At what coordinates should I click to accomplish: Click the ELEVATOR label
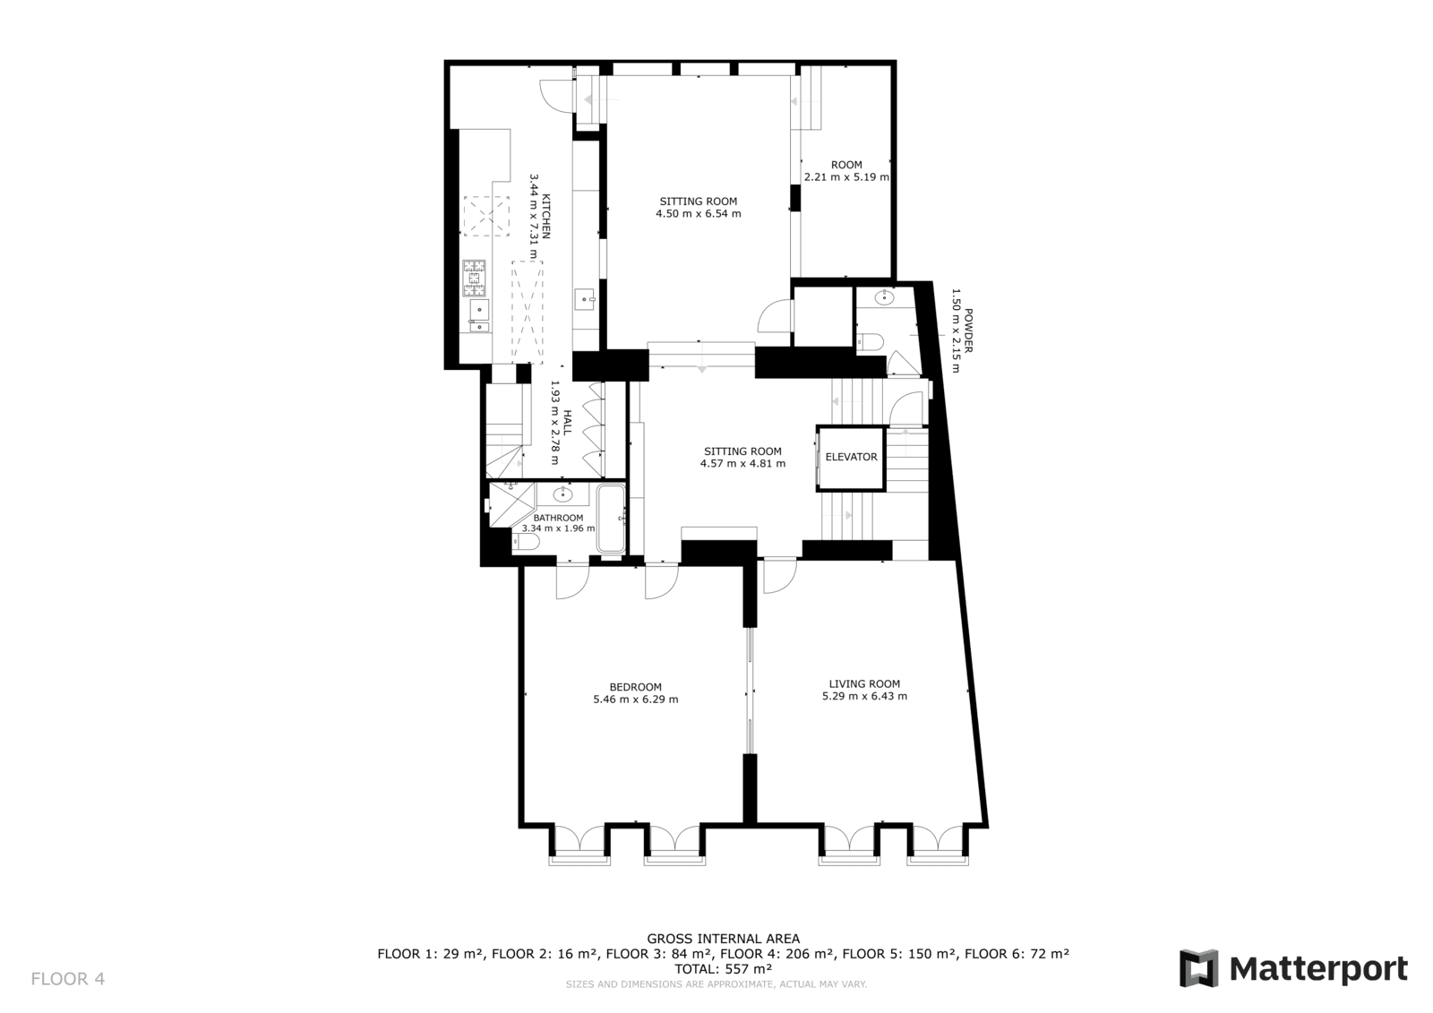click(851, 457)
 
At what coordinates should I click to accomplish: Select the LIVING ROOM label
click(864, 684)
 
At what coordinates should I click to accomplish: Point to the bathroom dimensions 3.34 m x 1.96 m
click(559, 528)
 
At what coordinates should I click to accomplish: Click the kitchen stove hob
click(475, 279)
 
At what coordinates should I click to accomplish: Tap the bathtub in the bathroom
click(611, 519)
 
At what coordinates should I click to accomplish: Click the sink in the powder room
click(885, 297)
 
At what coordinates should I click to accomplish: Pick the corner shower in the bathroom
click(511, 504)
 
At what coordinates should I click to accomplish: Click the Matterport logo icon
click(1198, 968)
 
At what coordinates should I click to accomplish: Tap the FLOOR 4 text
click(68, 979)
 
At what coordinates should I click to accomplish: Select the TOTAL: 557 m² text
click(723, 969)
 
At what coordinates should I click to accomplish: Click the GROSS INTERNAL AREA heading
click(723, 939)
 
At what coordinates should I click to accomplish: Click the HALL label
click(567, 423)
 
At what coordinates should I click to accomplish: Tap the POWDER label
click(968, 331)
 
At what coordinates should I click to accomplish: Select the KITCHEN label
click(545, 216)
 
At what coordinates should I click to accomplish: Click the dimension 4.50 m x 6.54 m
click(699, 214)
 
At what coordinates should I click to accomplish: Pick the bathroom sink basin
click(563, 494)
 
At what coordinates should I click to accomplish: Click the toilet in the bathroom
click(526, 542)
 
